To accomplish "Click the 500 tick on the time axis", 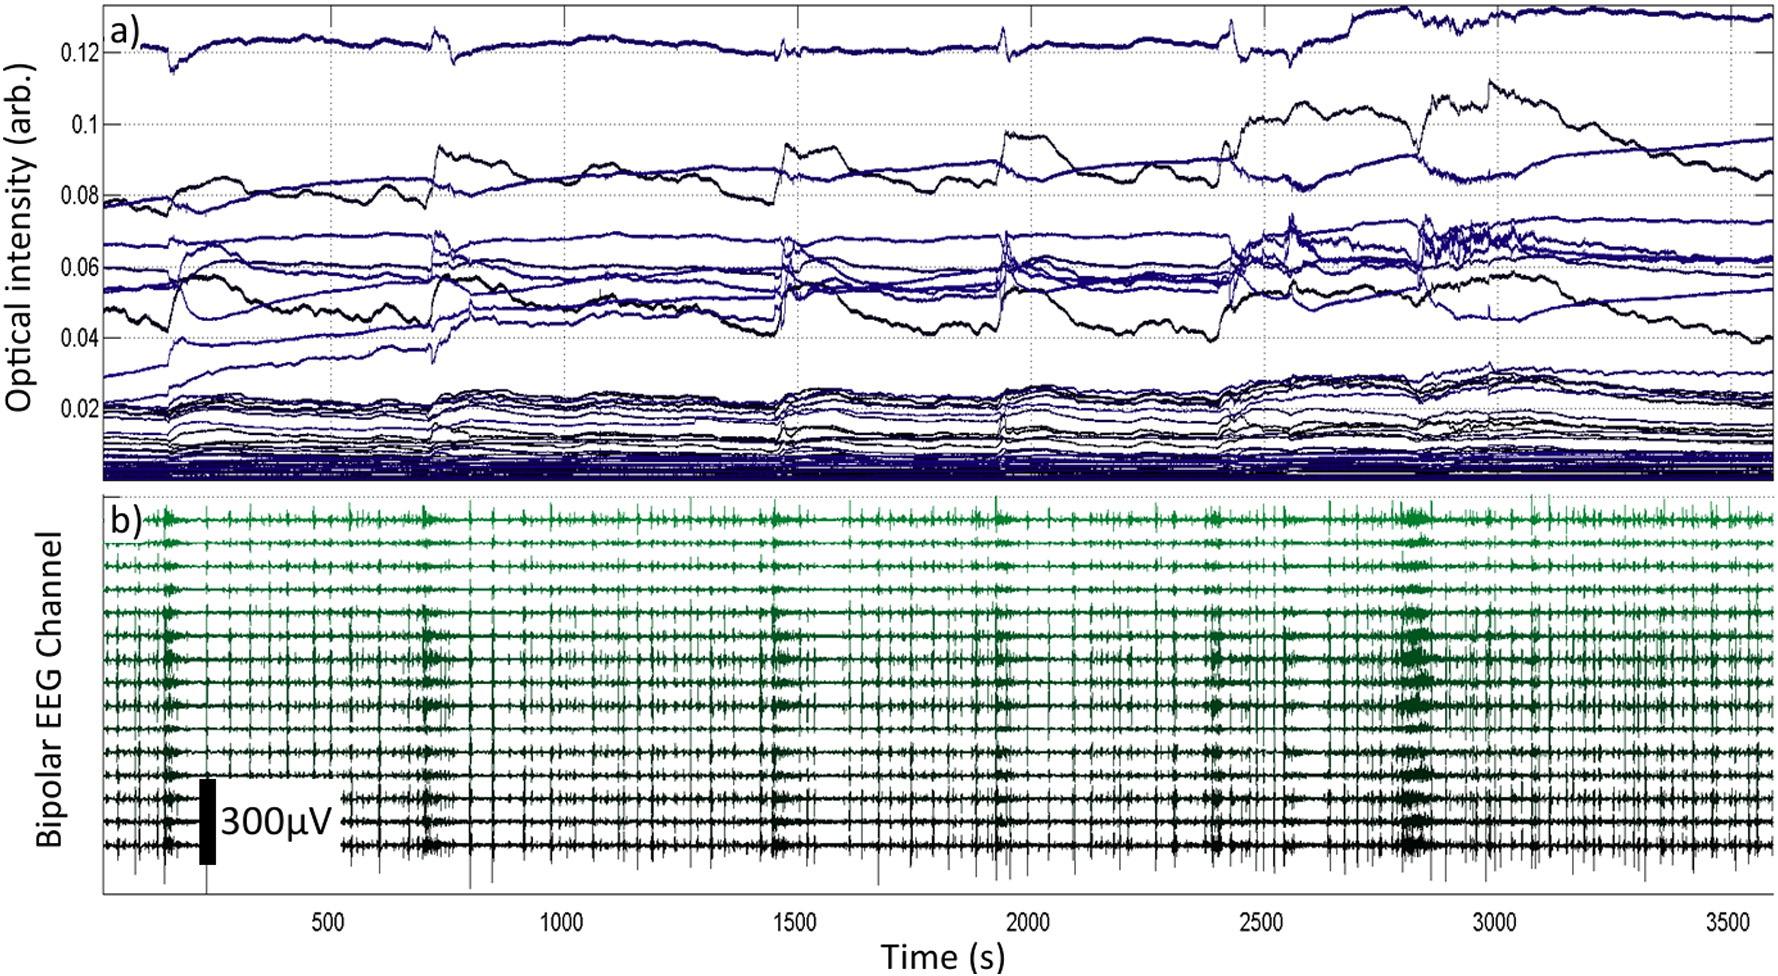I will tap(328, 922).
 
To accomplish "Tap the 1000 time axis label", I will tap(561, 922).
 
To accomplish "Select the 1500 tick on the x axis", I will tap(795, 922).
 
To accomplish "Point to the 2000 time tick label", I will tap(1028, 922).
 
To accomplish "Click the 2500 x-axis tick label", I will tap(1261, 922).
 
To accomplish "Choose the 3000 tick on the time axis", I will tap(1494, 922).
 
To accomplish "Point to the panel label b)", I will tap(126, 520).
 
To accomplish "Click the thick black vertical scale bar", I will tap(207, 821).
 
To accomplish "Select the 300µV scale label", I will tap(276, 822).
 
